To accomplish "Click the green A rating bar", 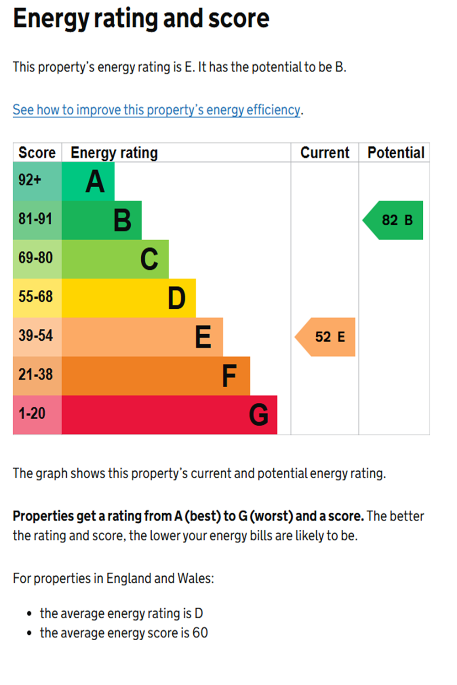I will (x=88, y=181).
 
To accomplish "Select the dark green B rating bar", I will (x=101, y=220).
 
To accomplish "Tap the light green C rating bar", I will (x=115, y=259).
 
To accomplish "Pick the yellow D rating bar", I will (x=128, y=298).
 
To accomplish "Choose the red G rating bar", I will (x=169, y=415).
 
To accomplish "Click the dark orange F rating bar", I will (x=155, y=376).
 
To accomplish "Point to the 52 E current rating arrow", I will (x=326, y=337).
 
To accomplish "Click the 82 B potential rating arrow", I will (x=394, y=220).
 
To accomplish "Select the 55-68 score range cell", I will (x=37, y=298).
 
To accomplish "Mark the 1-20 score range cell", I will (x=37, y=415).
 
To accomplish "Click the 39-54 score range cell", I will (x=37, y=337).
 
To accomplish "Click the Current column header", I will (x=324, y=153).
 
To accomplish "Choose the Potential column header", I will (x=396, y=153).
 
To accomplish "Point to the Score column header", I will (x=37, y=153).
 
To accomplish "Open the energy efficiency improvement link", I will (x=156, y=110).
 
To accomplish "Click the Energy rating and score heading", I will (x=141, y=19).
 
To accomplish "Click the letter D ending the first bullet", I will (x=199, y=613).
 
